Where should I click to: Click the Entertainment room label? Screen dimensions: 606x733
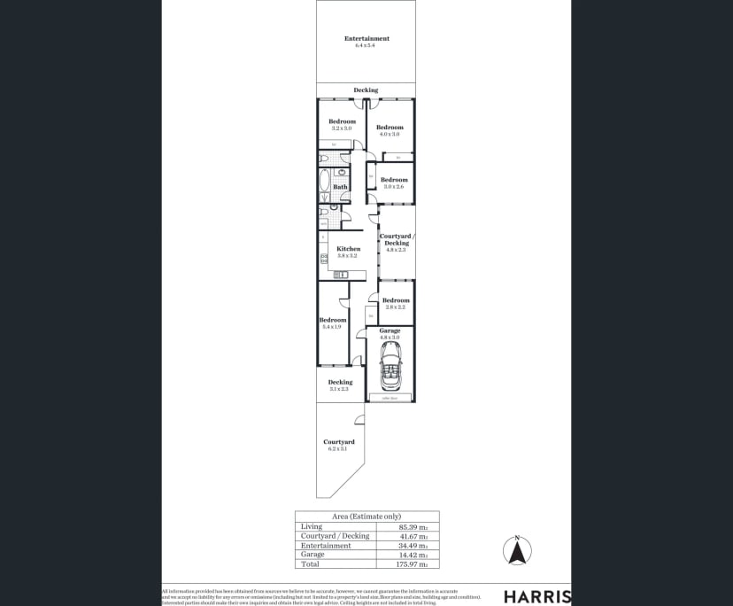[x=366, y=39]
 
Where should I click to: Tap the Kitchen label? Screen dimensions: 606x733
[x=348, y=249]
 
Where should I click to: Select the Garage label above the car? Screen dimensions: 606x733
[x=390, y=330]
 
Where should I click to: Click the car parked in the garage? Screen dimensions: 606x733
[x=390, y=367]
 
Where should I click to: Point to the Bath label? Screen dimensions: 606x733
[x=341, y=187]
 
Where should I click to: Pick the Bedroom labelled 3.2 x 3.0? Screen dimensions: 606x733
[x=342, y=121]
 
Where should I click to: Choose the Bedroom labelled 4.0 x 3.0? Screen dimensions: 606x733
[x=390, y=128]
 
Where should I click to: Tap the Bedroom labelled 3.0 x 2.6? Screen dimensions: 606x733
[x=394, y=180]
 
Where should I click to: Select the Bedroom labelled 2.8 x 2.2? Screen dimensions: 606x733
[x=396, y=300]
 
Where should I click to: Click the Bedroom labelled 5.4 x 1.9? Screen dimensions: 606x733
[x=332, y=320]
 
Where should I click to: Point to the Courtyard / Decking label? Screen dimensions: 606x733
[x=396, y=239]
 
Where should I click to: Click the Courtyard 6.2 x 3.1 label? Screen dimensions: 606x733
[x=339, y=442]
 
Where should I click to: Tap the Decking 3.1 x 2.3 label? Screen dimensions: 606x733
[x=340, y=383]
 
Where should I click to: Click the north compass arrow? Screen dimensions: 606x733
[x=517, y=551]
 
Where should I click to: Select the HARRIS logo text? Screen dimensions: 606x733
[x=536, y=596]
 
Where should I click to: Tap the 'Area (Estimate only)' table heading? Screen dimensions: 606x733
[x=366, y=516]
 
